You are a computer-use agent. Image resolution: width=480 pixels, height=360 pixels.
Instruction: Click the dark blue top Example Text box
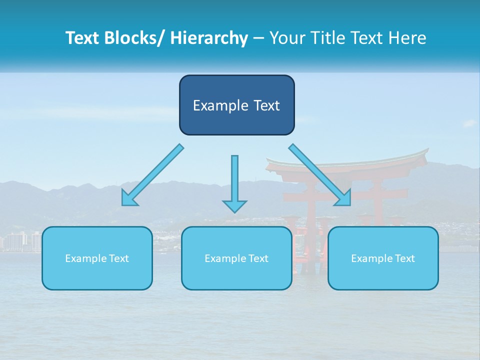[236, 105]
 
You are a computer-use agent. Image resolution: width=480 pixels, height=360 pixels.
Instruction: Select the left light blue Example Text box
[97, 258]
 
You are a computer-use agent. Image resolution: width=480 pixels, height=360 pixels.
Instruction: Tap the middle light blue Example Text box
[236, 258]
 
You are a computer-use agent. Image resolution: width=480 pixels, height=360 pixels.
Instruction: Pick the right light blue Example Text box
[383, 258]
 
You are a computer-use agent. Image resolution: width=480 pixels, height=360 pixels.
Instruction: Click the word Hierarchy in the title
[209, 38]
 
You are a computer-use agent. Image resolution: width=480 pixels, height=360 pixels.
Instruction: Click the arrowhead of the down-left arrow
[128, 198]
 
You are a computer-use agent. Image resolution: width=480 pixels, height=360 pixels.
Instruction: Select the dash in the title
[258, 38]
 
